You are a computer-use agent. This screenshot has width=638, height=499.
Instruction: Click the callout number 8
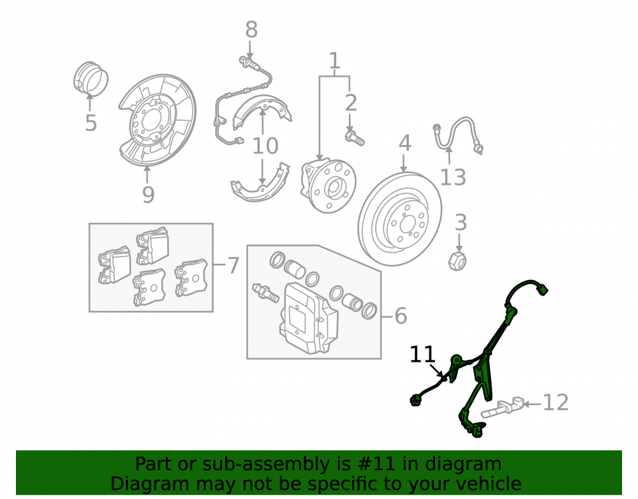coord(251,30)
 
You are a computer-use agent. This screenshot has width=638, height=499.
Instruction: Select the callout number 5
coord(91,123)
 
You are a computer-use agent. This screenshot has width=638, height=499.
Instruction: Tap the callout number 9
coord(149,194)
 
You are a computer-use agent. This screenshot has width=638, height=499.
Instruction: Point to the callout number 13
coord(453,177)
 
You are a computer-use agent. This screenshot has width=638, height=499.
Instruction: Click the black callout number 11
coord(423,355)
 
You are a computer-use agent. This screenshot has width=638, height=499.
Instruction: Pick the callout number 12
coord(556,403)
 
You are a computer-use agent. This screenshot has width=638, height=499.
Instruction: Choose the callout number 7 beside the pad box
coord(233,266)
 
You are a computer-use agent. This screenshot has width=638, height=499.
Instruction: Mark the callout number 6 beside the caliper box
coord(401,316)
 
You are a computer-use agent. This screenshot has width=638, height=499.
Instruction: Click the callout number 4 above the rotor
coord(405,143)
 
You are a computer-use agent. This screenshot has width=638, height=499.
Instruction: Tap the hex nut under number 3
coord(457,261)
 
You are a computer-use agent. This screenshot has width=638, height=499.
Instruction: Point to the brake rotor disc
coord(400,219)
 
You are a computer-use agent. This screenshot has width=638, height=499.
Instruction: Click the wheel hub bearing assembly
coord(328,186)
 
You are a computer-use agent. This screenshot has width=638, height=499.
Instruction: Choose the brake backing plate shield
coord(158,120)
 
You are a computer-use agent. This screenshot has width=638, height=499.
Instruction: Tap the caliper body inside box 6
coord(309,318)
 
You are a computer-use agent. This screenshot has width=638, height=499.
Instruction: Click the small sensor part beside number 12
coord(502,408)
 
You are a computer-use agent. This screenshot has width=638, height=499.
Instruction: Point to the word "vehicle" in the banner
coord(489,484)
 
